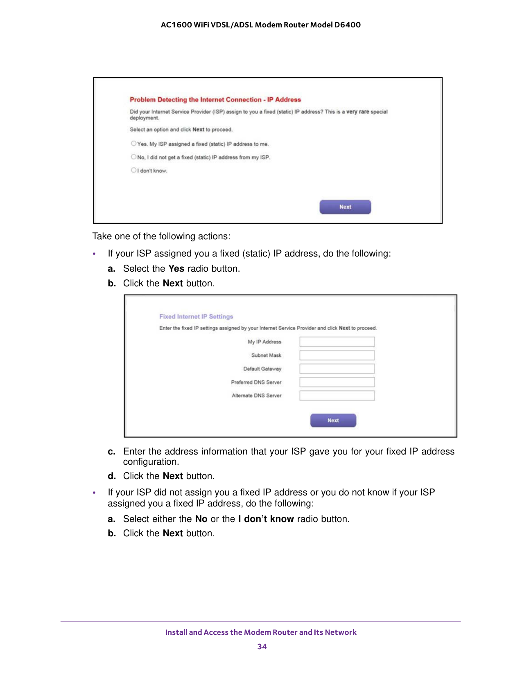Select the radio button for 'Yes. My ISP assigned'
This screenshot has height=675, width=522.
(x=133, y=144)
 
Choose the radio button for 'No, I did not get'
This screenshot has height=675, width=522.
(x=133, y=157)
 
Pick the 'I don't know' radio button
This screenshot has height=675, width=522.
(x=133, y=170)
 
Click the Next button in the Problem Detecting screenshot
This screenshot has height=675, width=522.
(x=345, y=207)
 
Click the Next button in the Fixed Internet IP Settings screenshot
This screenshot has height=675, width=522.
(x=333, y=421)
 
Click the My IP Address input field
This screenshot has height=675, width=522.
(x=337, y=342)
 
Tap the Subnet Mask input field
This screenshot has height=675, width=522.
(x=337, y=355)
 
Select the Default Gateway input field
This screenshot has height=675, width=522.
(x=337, y=369)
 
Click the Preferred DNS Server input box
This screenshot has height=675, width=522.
(x=337, y=382)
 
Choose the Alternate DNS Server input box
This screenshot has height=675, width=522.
(x=337, y=396)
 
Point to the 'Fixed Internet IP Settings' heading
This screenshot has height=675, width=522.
(x=196, y=317)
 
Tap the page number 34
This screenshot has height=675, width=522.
(x=262, y=646)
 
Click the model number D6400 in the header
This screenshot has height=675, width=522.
(x=347, y=25)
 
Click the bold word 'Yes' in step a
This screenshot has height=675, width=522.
(x=176, y=269)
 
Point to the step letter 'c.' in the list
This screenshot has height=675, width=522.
(x=111, y=452)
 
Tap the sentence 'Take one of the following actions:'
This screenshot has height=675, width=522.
(x=161, y=236)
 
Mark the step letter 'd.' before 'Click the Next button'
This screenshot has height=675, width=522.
(x=112, y=476)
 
